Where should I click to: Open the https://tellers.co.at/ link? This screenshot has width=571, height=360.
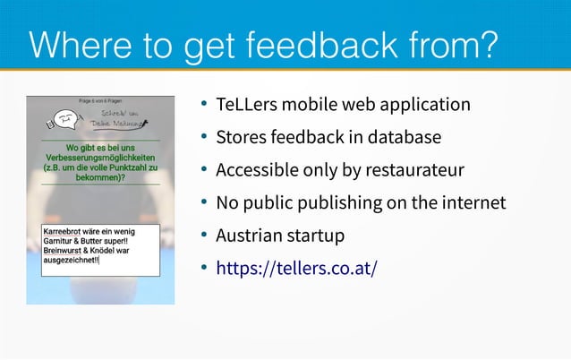point(296,268)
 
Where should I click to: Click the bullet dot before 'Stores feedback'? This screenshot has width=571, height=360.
point(205,138)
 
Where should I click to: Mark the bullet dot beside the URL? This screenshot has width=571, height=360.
point(205,268)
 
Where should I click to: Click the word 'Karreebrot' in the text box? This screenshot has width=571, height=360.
point(64,231)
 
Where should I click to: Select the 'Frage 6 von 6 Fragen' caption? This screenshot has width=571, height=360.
point(99,100)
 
